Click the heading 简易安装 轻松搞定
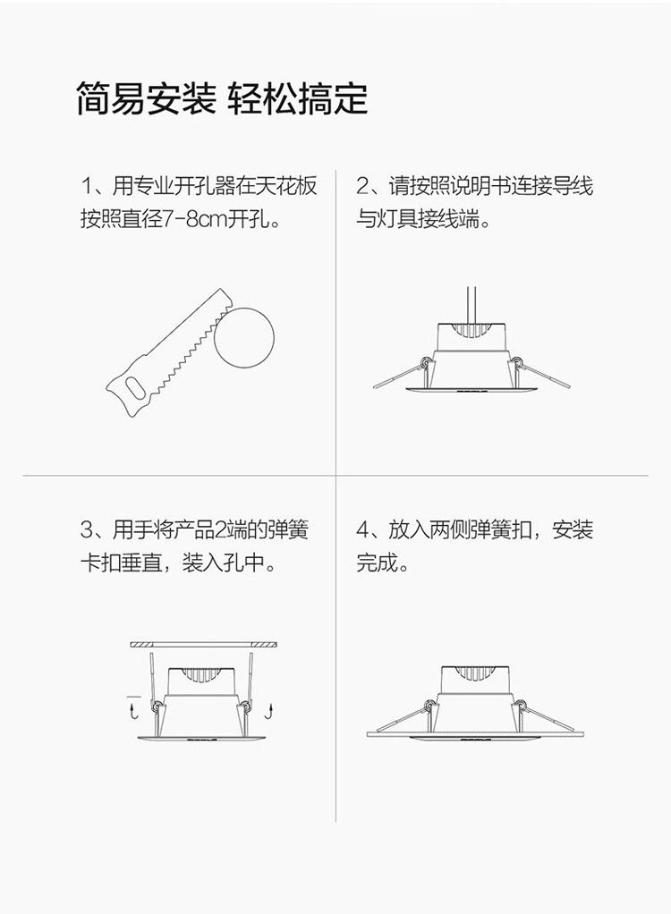(x=222, y=98)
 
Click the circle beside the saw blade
(x=244, y=338)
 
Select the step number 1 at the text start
(x=86, y=187)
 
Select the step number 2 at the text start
(x=362, y=187)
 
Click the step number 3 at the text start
(x=87, y=529)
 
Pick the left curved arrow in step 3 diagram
(x=133, y=711)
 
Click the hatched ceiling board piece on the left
(x=141, y=645)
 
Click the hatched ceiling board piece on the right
(x=264, y=645)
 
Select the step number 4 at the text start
(x=362, y=529)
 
